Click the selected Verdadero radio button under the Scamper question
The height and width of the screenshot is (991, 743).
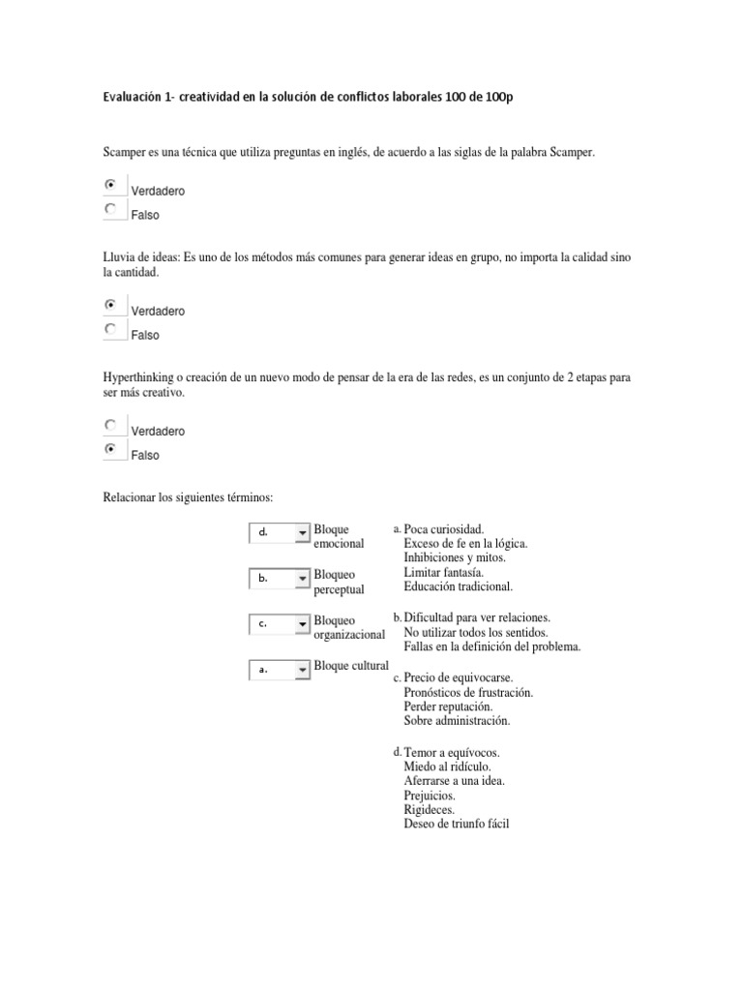click(110, 184)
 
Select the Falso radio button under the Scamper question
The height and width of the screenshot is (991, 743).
click(110, 208)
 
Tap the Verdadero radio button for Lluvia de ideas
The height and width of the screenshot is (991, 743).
click(110, 305)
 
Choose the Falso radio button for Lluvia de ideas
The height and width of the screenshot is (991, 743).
click(110, 329)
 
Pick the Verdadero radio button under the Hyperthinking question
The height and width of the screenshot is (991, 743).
click(110, 424)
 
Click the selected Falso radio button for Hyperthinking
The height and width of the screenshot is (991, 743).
click(110, 449)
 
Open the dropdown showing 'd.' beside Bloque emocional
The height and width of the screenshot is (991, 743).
click(279, 533)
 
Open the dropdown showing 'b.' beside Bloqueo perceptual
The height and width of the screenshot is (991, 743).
click(279, 579)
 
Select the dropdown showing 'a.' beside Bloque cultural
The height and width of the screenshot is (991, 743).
click(279, 669)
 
